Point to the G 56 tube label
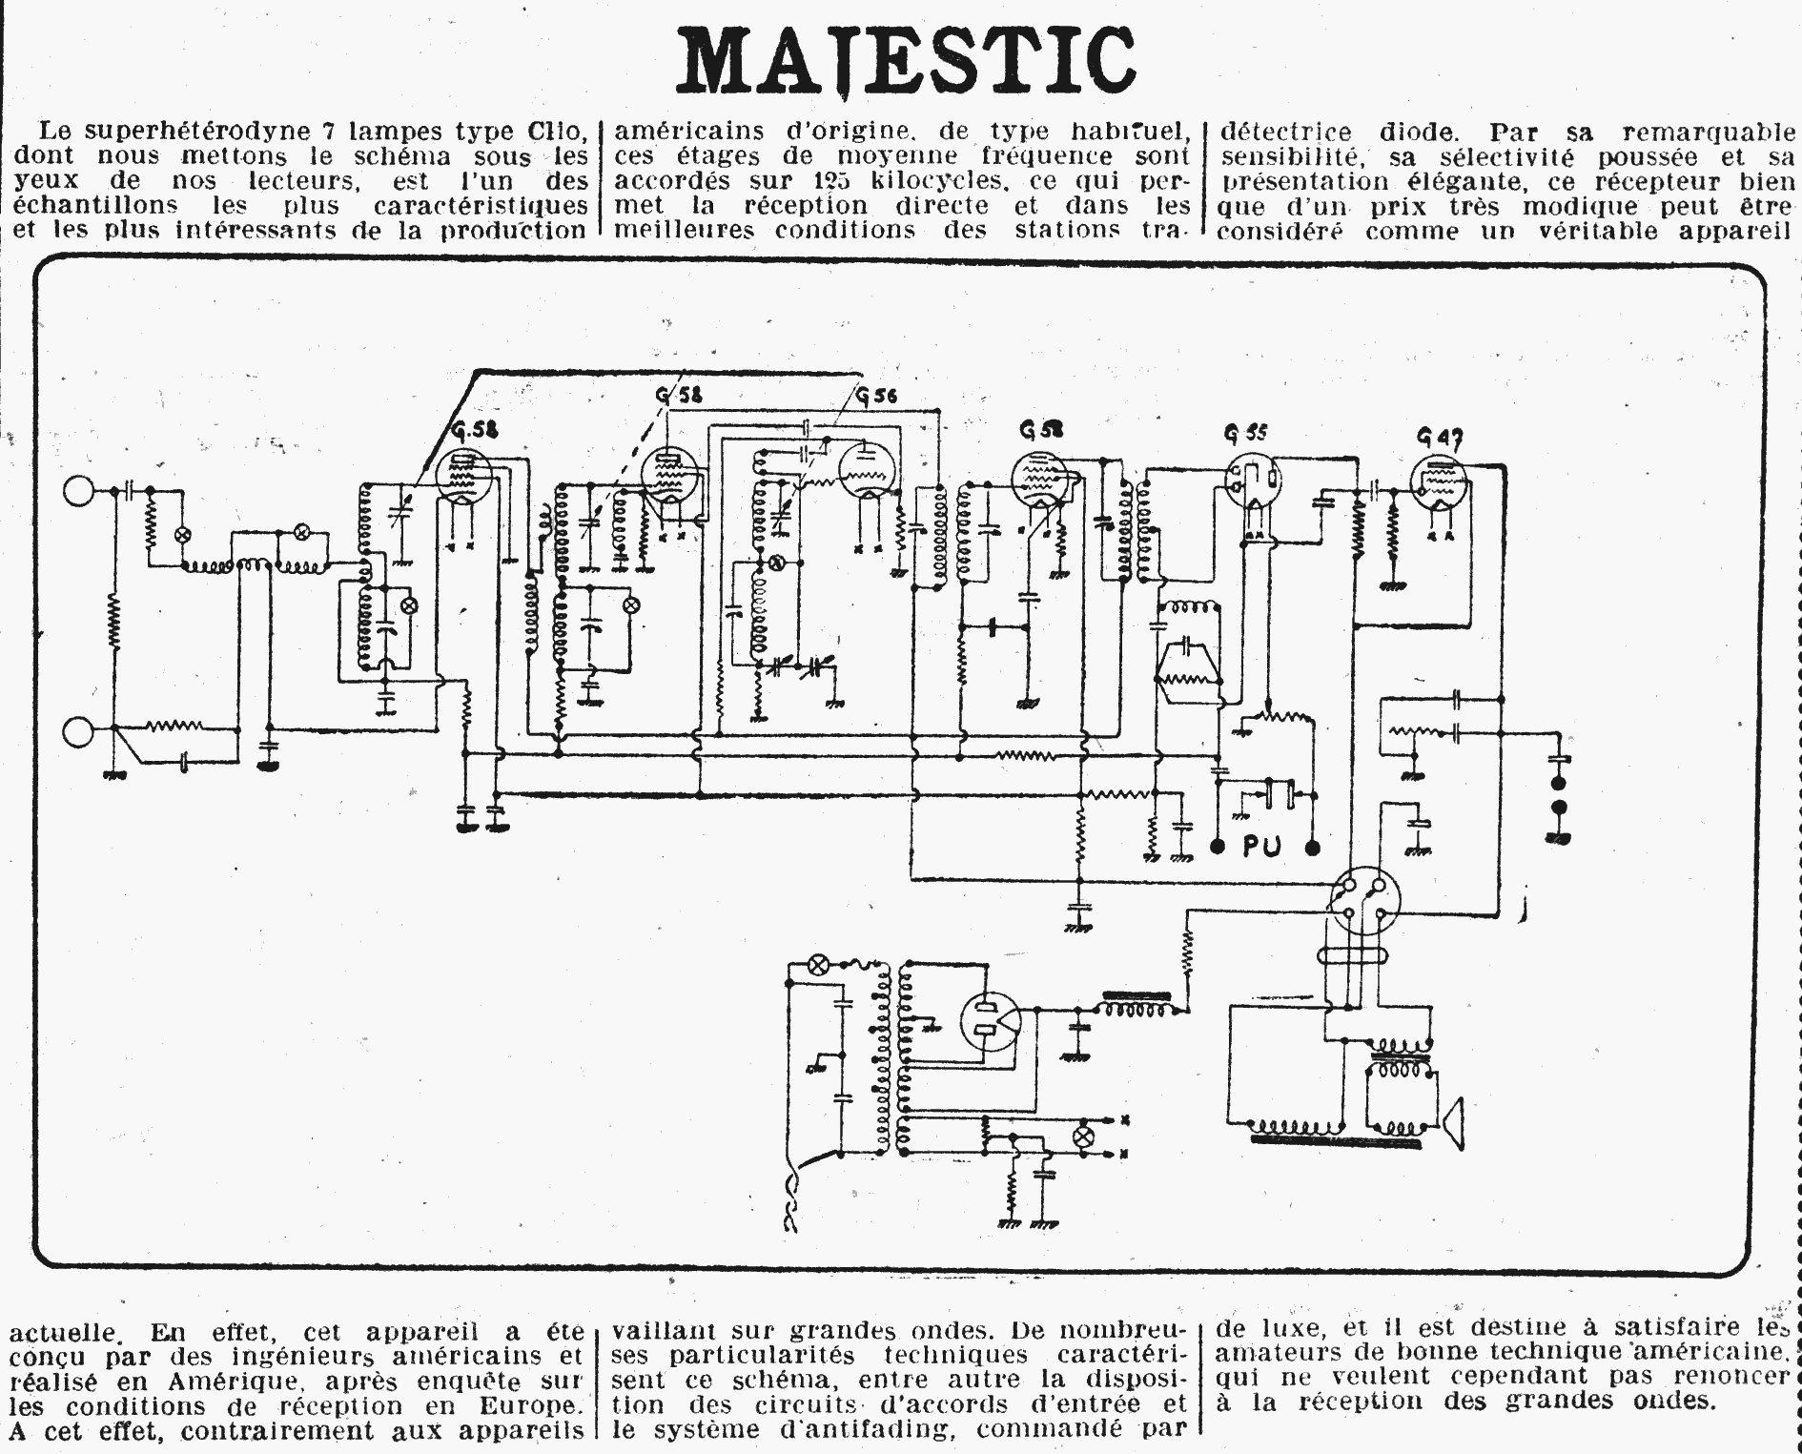click(876, 395)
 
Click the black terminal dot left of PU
click(1218, 846)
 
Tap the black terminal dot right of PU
click(1313, 846)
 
